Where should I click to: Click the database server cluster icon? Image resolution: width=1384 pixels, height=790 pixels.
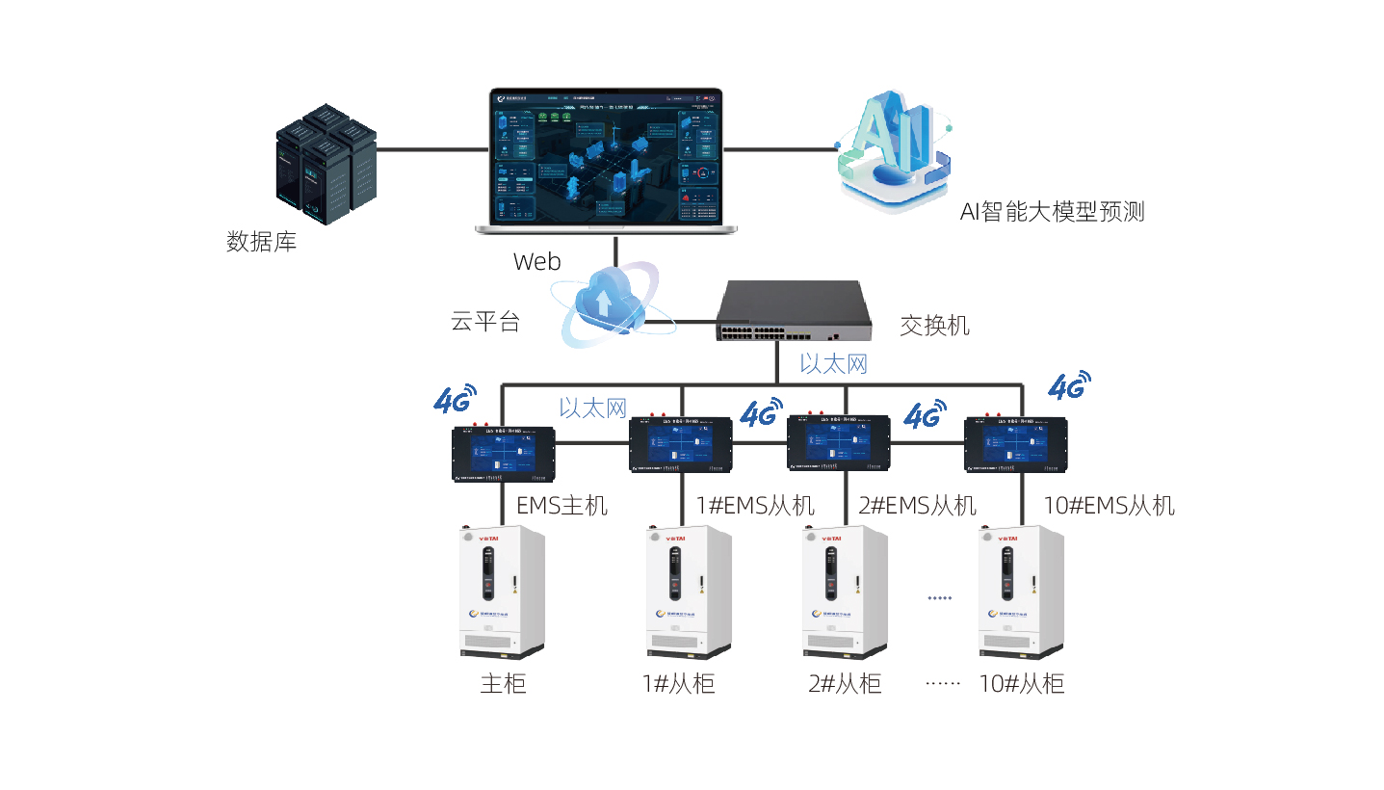tap(326, 165)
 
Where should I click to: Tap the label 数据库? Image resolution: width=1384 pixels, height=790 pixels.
tap(261, 241)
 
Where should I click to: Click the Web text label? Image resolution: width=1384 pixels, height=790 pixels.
tap(536, 261)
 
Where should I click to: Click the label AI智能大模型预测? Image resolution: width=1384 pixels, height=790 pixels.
tap(1052, 212)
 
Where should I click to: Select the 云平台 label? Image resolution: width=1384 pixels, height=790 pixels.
tap(485, 322)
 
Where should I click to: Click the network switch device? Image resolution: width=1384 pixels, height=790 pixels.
tap(793, 311)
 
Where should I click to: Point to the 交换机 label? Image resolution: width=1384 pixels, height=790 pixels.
tap(934, 326)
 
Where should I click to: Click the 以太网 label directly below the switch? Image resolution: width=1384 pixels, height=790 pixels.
tap(833, 363)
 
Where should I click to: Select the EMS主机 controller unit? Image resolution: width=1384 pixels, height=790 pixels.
tap(503, 453)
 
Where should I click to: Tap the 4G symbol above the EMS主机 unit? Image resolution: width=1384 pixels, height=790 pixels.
tap(456, 399)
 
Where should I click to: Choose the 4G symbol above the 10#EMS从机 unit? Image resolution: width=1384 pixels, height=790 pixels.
tap(1069, 386)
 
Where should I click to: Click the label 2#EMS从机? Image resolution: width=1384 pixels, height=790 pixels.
tap(917, 505)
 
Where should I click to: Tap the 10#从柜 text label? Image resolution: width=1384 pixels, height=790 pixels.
tap(1021, 684)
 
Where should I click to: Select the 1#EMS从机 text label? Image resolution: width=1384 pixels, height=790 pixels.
tap(755, 505)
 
